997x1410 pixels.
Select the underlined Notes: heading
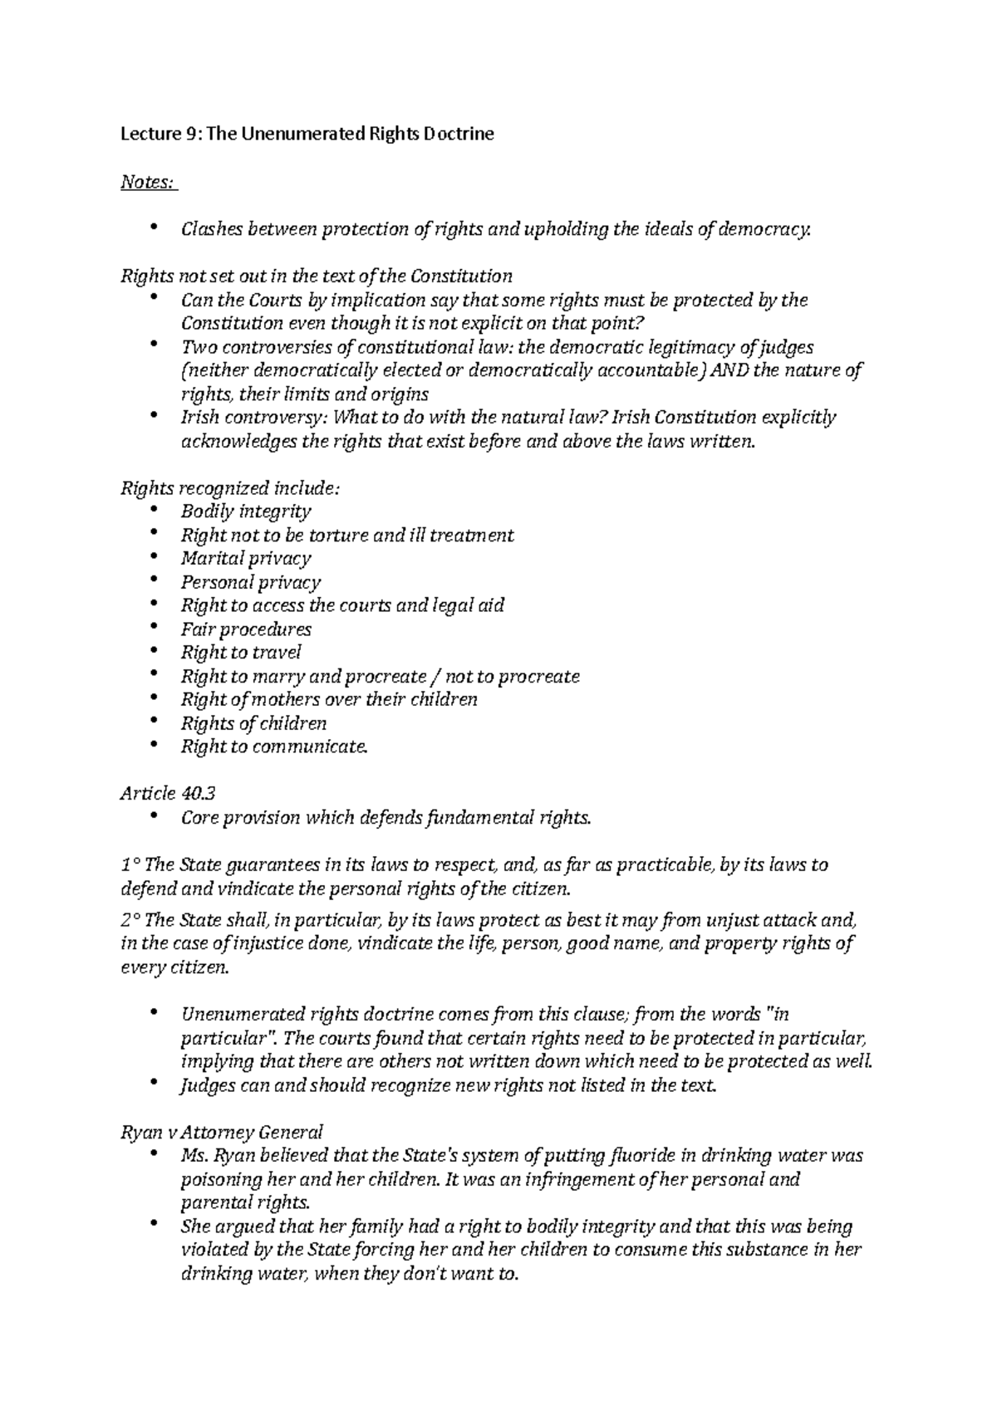(149, 181)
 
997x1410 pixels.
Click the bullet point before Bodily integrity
(154, 511)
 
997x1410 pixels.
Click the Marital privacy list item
(246, 558)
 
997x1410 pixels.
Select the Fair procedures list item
(246, 629)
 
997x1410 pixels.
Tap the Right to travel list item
(241, 652)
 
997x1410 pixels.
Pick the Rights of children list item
(253, 722)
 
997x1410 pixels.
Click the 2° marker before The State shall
(130, 919)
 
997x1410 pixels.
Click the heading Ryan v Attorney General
(222, 1131)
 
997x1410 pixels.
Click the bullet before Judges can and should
(154, 1084)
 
